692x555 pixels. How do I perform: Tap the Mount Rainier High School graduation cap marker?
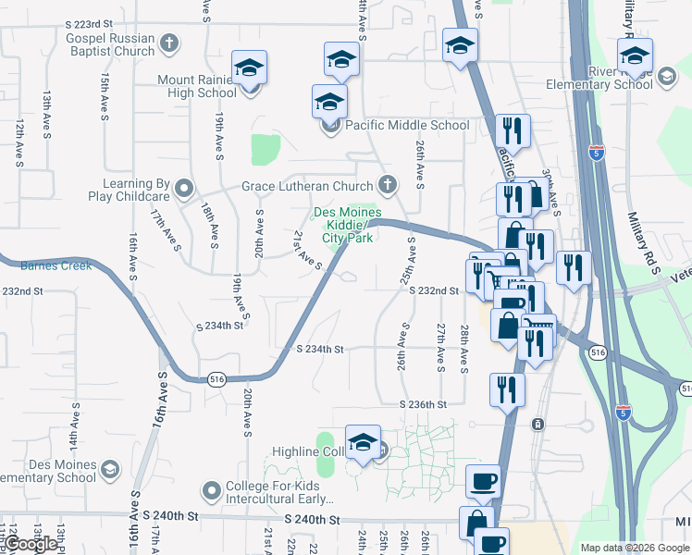pos(249,68)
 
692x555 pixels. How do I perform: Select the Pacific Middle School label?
pos(407,125)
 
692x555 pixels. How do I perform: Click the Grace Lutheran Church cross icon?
pos(388,185)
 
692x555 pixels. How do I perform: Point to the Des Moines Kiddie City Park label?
pos(348,225)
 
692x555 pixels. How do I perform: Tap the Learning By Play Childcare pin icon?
pos(184,190)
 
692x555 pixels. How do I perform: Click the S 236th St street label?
pos(423,405)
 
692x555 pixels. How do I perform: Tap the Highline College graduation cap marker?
pos(364,440)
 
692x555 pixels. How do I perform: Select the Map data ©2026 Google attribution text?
pos(634,548)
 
